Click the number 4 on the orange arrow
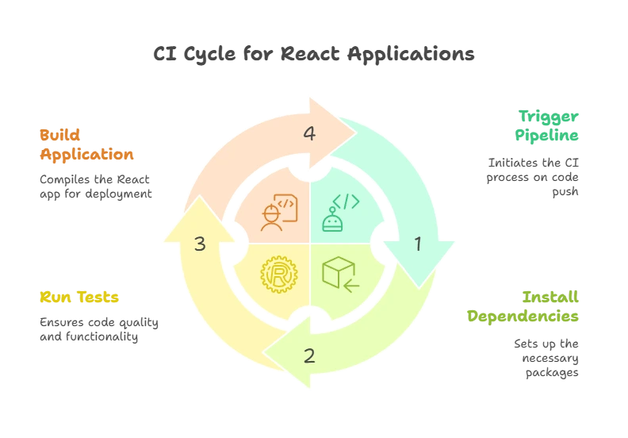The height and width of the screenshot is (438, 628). click(309, 134)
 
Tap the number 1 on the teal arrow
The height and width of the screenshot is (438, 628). click(418, 244)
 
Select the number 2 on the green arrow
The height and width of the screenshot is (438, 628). click(309, 355)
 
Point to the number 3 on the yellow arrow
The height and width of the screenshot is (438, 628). click(200, 244)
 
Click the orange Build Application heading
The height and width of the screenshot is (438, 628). click(86, 144)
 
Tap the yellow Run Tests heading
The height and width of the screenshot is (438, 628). click(79, 298)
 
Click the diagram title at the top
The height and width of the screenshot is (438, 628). click(313, 54)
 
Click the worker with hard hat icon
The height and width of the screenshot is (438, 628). click(272, 218)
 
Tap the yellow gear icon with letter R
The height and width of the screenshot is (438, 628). click(278, 275)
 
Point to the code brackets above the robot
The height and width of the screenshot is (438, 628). click(346, 202)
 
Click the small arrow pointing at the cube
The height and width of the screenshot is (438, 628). click(351, 282)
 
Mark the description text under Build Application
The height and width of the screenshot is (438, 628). click(94, 186)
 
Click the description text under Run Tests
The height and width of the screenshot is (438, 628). click(97, 330)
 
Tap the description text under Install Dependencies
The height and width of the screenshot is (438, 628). click(550, 357)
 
